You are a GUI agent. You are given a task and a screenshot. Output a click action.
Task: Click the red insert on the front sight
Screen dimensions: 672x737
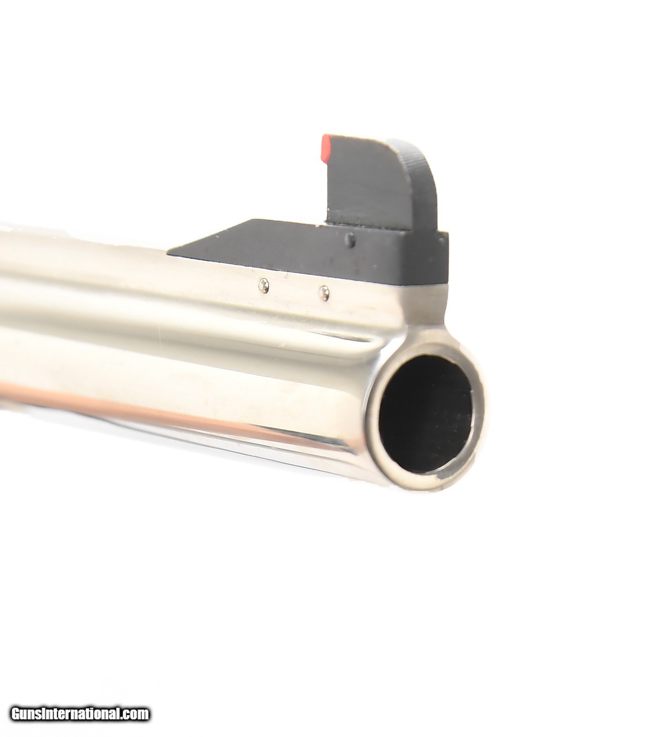[326, 148]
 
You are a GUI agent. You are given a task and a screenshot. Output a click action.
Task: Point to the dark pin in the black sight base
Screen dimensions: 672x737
[352, 241]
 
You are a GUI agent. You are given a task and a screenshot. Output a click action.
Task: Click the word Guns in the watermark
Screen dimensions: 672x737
[27, 713]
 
